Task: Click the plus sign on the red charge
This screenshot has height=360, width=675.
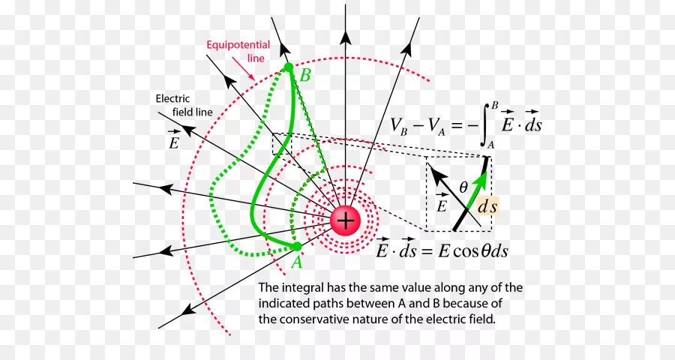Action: pyautogui.click(x=345, y=220)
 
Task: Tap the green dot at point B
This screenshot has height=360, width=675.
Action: pyautogui.click(x=288, y=67)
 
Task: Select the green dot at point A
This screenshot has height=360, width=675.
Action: pyautogui.click(x=297, y=246)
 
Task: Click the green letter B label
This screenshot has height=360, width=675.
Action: pyautogui.click(x=305, y=76)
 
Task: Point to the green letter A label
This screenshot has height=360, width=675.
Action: pyautogui.click(x=296, y=262)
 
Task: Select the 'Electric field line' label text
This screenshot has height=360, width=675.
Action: pyautogui.click(x=184, y=105)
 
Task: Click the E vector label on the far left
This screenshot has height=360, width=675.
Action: pyautogui.click(x=174, y=141)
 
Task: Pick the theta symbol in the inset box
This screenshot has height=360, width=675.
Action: pyautogui.click(x=463, y=186)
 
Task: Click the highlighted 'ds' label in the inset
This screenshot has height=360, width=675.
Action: pyautogui.click(x=487, y=205)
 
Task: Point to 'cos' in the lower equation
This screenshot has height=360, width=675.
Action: pyautogui.click(x=466, y=251)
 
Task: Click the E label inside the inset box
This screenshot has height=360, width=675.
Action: pyautogui.click(x=441, y=205)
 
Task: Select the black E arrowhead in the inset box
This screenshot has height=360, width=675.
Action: pyautogui.click(x=435, y=172)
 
